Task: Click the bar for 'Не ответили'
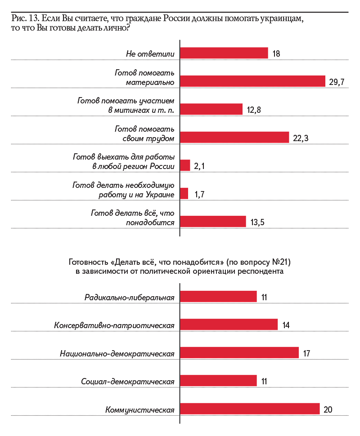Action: coord(224,53)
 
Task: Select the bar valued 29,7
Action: coord(252,81)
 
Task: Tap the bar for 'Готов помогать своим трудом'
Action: coord(234,137)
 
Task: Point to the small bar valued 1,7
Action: coord(184,193)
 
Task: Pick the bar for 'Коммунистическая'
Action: coord(250,409)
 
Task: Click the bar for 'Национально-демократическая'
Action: coord(239,352)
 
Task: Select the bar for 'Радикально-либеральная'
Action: coord(218,296)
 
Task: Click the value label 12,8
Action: coord(256,110)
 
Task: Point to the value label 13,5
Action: coord(258,222)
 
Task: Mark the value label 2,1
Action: coord(200,166)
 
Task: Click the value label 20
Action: coord(328,409)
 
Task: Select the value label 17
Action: coord(307,353)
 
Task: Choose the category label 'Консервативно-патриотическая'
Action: coord(114,325)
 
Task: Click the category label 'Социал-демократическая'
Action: coord(128,381)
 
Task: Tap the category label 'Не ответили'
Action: coord(150,53)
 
